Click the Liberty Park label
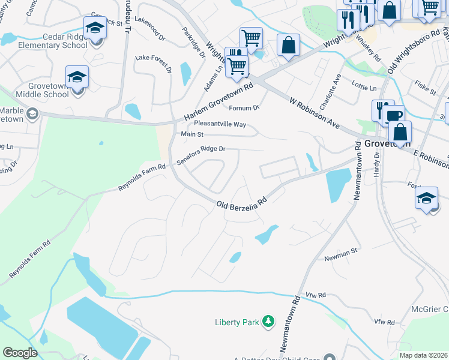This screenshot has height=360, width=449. tap(236, 323)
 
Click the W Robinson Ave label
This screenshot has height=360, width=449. tap(314, 112)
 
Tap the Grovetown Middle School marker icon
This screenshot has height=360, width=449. tap(77, 78)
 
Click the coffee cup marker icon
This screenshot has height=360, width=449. tap(394, 116)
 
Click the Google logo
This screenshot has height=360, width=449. tap(20, 352)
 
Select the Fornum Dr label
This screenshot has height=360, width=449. tap(244, 108)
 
